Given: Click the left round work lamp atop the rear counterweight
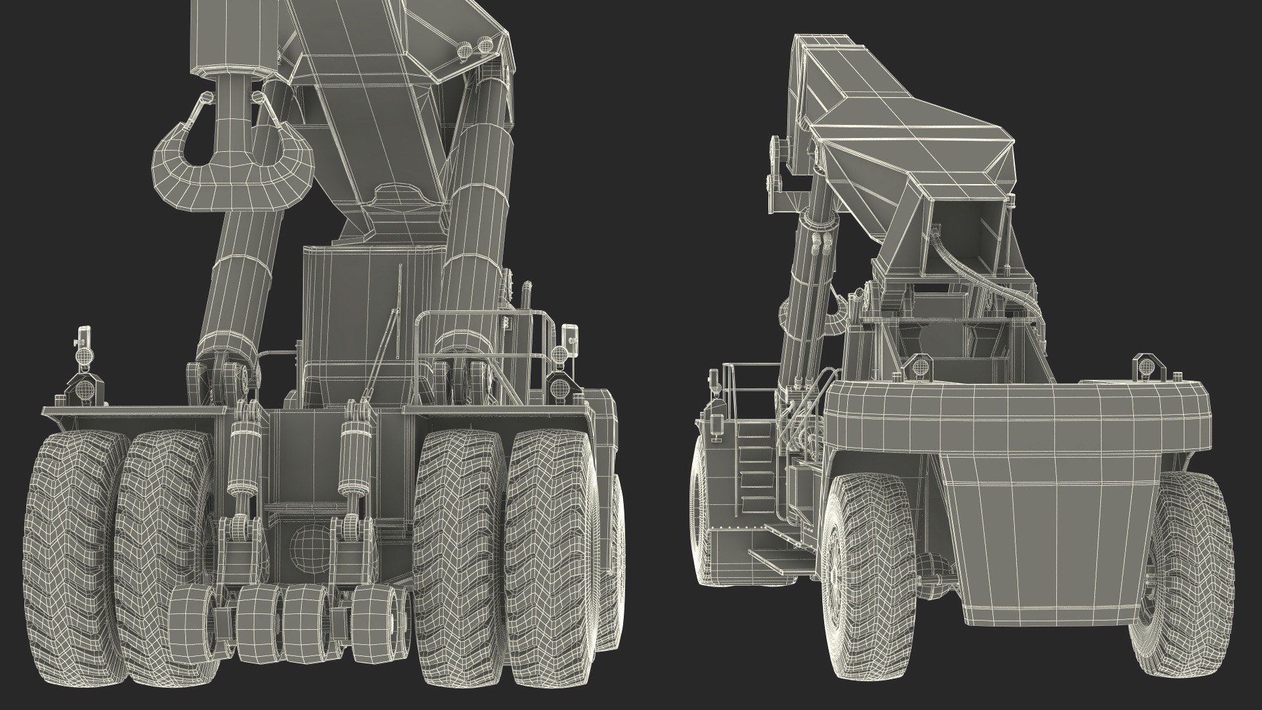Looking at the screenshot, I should click(x=919, y=365).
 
